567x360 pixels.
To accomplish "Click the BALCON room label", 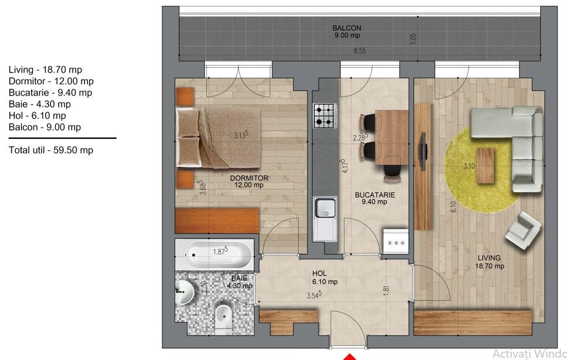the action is click(x=347, y=28).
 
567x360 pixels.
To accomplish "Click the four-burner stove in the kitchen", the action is click(x=325, y=116).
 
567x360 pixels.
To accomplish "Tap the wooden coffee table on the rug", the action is click(x=485, y=166).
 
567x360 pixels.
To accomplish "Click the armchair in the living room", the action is click(x=523, y=231).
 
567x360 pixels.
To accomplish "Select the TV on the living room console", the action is click(x=423, y=151).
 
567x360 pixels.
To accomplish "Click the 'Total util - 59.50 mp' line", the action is click(x=51, y=150).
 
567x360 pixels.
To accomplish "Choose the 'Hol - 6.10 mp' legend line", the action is click(x=37, y=116).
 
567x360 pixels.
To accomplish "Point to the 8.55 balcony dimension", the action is click(x=360, y=51).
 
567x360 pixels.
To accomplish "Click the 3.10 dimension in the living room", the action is click(x=469, y=166).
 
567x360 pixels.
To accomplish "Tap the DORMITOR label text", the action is click(x=249, y=178).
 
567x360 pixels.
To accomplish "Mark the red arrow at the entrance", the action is click(x=349, y=357).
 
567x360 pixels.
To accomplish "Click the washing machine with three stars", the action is click(x=396, y=241).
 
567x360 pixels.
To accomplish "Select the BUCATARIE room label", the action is click(x=375, y=195).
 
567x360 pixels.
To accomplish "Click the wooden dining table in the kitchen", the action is click(x=392, y=138).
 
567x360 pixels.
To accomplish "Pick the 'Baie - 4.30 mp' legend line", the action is click(x=40, y=104).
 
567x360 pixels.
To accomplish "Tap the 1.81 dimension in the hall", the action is click(x=386, y=290).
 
